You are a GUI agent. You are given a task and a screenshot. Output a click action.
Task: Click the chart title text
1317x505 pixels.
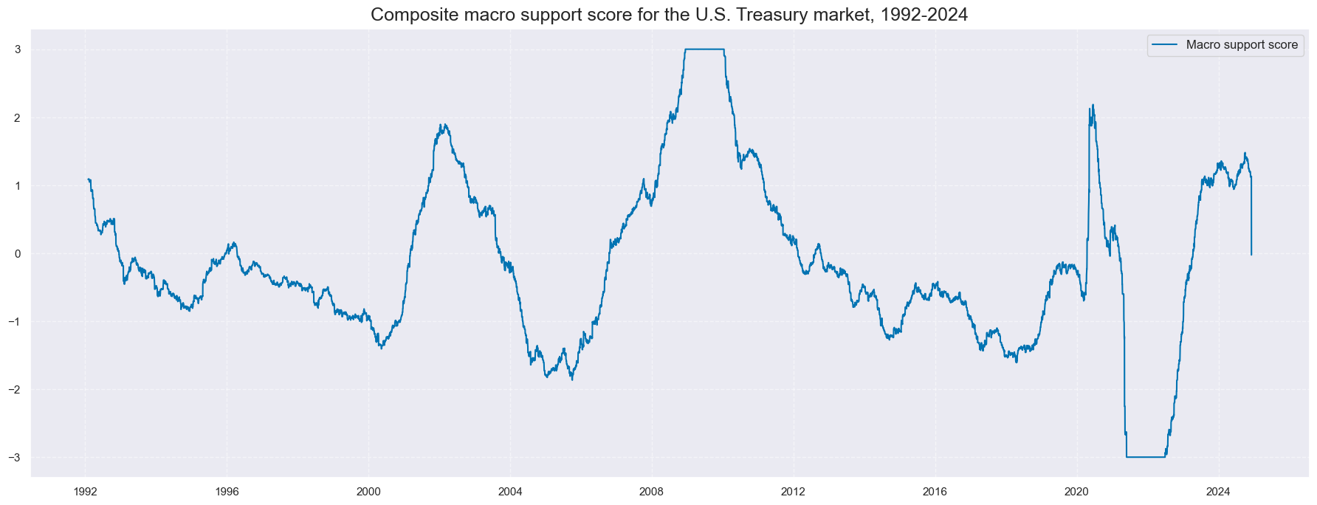669,15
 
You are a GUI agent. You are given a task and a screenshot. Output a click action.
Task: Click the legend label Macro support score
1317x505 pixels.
1242,45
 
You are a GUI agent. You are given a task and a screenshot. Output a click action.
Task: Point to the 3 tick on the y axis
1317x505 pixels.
16,49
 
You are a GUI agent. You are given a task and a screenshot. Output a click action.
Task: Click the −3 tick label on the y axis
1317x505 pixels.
13,457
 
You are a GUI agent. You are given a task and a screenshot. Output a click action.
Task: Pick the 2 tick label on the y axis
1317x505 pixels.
16,117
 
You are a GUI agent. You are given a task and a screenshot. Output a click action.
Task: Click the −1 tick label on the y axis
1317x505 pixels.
13,321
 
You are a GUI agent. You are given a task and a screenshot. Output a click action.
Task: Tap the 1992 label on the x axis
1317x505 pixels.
86,492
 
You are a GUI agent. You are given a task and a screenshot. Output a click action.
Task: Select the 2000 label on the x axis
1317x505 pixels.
368,492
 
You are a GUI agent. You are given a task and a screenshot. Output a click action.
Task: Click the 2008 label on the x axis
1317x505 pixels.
652,492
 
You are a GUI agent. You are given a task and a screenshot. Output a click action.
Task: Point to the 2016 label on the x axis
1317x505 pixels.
935,492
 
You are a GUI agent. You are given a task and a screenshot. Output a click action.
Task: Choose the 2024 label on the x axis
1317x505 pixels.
1218,492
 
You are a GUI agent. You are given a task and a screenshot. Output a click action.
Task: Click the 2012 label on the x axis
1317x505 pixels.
794,492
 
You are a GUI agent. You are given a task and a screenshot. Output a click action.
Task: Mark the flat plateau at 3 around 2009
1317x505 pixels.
704,49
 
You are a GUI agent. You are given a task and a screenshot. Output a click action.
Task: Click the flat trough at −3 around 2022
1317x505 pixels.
1146,457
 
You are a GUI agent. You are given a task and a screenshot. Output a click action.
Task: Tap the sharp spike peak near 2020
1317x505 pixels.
1093,106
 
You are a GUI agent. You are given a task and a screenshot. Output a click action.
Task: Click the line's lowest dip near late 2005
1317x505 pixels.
572,379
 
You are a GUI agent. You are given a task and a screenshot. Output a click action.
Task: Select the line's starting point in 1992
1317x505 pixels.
88,179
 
